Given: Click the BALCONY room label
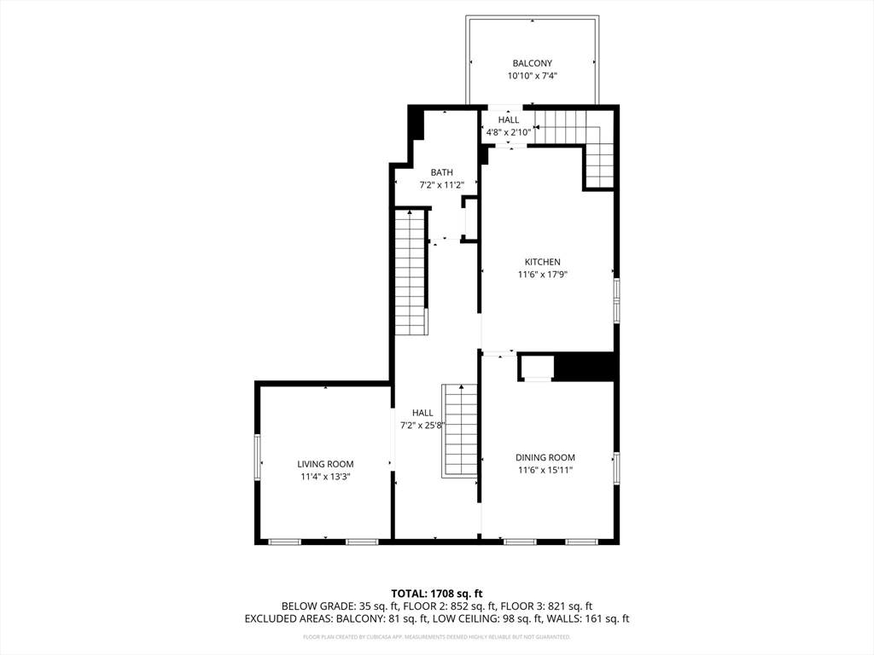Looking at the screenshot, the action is click(533, 63).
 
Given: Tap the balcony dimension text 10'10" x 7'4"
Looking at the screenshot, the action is click(533, 76).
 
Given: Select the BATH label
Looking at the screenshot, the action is click(441, 172).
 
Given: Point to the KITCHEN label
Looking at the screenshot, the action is click(542, 262).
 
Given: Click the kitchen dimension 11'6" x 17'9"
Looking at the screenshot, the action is click(542, 275).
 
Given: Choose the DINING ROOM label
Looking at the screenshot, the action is click(545, 458).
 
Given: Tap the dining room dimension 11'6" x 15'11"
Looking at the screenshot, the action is click(545, 471).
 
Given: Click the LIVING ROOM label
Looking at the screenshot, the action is click(325, 464).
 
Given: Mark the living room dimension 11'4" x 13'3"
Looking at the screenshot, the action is click(325, 477).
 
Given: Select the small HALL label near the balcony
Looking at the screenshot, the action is click(509, 119).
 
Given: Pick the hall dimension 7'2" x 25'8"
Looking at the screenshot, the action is click(422, 426).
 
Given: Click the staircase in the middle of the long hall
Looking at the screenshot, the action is click(460, 431).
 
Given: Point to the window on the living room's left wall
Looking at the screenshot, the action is click(258, 457).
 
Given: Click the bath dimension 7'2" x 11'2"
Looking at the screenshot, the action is click(441, 185).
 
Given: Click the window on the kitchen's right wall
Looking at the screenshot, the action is click(616, 301).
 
